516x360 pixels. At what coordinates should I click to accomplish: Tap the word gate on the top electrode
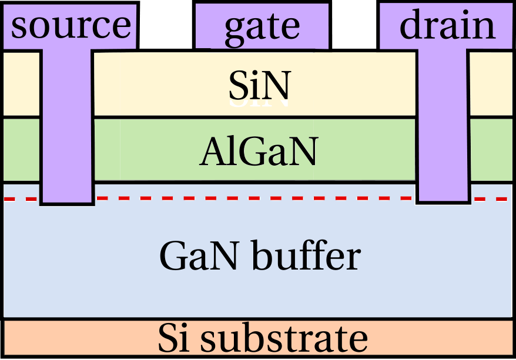point(262,26)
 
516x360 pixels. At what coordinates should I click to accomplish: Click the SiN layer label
point(260,88)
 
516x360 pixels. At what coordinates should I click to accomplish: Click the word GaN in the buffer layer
point(193,256)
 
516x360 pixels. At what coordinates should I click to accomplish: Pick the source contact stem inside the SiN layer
point(67,85)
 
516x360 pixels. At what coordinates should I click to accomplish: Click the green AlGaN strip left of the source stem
point(22,150)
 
